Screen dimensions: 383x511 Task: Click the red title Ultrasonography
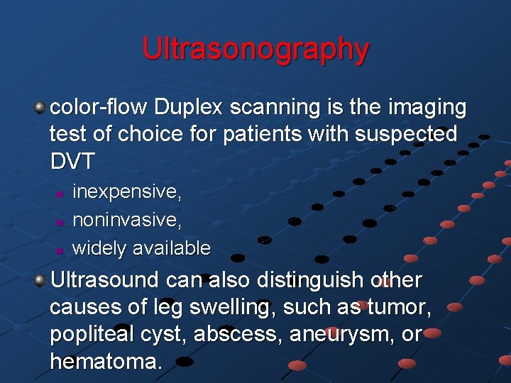(x=255, y=49)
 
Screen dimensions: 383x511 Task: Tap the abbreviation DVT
(x=72, y=161)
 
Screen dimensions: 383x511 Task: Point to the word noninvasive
(x=126, y=220)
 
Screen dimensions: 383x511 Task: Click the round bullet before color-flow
(x=40, y=108)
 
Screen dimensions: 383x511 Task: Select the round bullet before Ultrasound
(x=40, y=280)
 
